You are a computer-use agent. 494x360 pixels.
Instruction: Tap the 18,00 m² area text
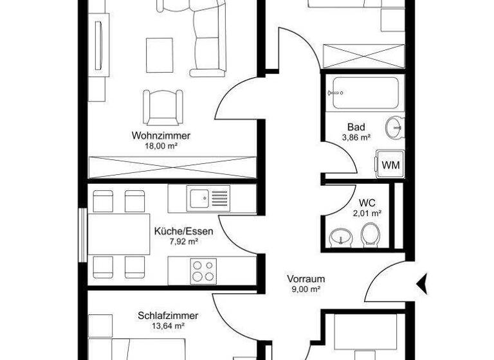[x=161, y=146]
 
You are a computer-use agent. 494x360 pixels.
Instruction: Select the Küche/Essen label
[x=183, y=231]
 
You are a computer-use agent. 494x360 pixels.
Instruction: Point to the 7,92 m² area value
[x=183, y=242]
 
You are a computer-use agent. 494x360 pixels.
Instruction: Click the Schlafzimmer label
[x=168, y=316]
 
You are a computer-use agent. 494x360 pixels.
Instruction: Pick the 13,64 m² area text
[x=169, y=326]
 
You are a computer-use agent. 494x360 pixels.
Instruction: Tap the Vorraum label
[x=306, y=279]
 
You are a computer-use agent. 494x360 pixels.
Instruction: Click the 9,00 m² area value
[x=306, y=289]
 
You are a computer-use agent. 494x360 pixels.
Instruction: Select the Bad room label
[x=356, y=127]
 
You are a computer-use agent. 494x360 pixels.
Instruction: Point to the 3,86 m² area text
[x=356, y=137]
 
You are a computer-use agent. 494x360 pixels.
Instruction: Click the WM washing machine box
[x=390, y=165]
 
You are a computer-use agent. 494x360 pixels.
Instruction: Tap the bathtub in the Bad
[x=364, y=94]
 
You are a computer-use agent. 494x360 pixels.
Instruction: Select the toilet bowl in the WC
[x=370, y=235]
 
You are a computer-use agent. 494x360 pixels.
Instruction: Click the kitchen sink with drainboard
[x=208, y=197]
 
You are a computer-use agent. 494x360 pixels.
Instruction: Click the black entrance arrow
[x=423, y=282]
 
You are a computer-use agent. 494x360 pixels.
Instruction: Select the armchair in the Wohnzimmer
[x=161, y=106]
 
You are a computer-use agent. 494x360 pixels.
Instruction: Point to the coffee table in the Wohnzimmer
[x=159, y=56]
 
